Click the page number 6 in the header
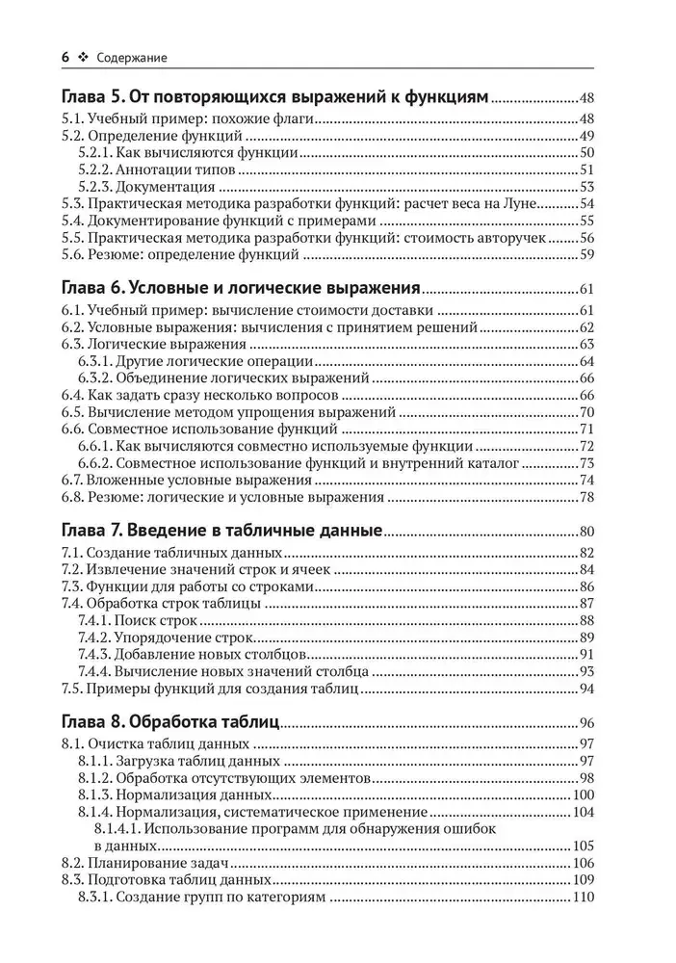tap(65, 58)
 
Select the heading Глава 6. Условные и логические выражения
tap(240, 288)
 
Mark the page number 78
tap(586, 499)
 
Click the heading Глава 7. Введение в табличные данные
tap(221, 531)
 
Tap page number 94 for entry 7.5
tap(586, 690)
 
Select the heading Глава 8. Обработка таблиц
tap(169, 721)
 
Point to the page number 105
tap(584, 846)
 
